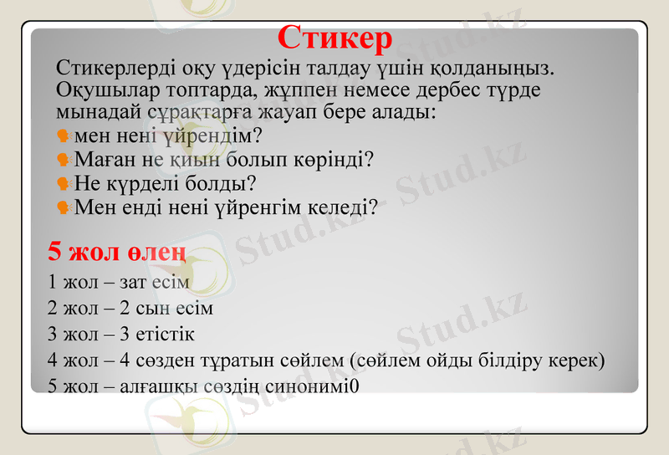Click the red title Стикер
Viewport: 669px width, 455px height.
(x=334, y=37)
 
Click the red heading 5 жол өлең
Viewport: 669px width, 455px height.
(x=116, y=251)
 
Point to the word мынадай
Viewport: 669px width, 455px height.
(x=92, y=110)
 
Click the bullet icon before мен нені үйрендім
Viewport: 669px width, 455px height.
(x=63, y=135)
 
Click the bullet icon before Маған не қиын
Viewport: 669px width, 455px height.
(x=63, y=159)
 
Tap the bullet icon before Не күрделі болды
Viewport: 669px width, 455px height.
(x=63, y=182)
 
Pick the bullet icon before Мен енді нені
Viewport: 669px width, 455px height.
(x=63, y=207)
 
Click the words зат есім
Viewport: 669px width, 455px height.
(x=156, y=282)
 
